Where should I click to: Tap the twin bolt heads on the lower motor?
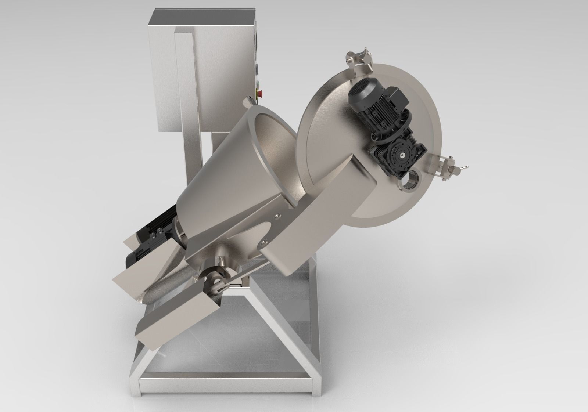click(x=158, y=231)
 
